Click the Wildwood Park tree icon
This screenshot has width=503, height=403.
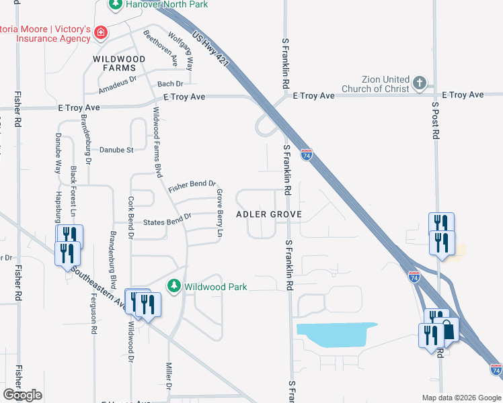[174, 286]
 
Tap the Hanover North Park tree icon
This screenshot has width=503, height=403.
[116, 4]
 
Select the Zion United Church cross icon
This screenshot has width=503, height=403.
[420, 83]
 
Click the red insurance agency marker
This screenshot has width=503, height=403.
[100, 32]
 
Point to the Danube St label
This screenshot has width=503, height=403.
[117, 150]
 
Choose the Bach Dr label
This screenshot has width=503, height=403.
[170, 84]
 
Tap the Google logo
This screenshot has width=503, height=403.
[22, 395]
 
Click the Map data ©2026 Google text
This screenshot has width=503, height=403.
[462, 397]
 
